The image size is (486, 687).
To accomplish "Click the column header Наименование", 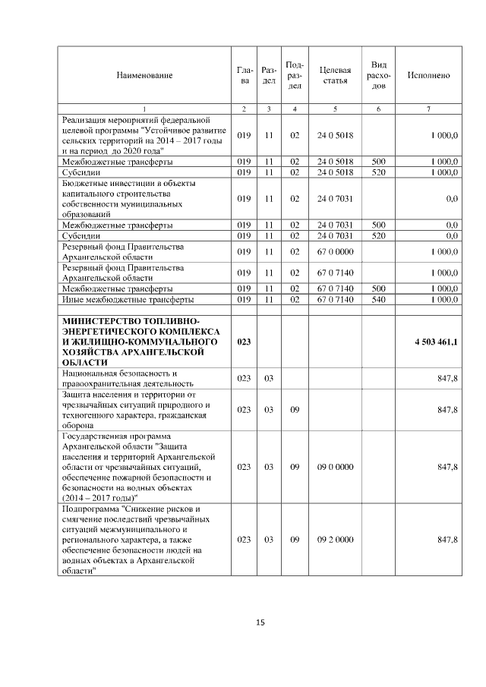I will (144, 75).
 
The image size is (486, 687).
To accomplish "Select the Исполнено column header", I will (428, 75).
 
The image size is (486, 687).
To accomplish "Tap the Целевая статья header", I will (335, 75).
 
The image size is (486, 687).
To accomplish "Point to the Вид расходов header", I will (378, 75).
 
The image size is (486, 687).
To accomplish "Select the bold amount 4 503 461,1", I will (436, 343).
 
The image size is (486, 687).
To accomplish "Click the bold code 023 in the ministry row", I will (244, 343).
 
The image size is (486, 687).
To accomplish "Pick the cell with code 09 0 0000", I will (335, 467).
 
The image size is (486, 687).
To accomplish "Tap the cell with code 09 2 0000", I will (335, 539).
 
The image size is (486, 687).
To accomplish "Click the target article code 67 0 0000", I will (335, 251).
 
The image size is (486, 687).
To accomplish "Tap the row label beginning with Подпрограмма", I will (133, 539).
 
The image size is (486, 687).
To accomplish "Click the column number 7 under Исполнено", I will (428, 109).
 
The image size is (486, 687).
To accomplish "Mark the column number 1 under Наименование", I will (144, 109).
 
